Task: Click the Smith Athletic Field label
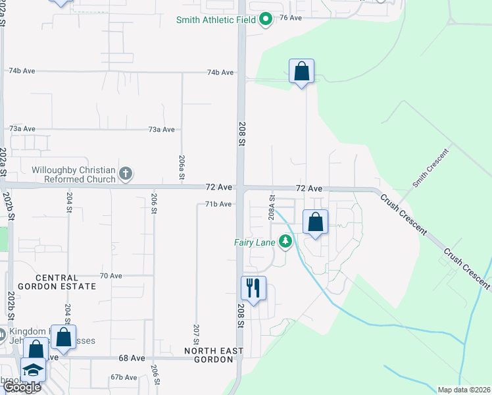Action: [216, 20]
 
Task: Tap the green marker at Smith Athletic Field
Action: [266, 20]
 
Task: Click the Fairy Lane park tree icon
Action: [285, 242]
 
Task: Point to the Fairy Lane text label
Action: [255, 242]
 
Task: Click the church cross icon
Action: [126, 174]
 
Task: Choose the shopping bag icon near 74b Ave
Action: [301, 71]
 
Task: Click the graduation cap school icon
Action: [33, 370]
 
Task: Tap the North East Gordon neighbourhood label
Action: [214, 355]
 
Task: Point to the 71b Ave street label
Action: [218, 204]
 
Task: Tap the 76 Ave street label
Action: [291, 18]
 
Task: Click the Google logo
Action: [22, 386]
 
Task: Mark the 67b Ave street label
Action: [124, 377]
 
